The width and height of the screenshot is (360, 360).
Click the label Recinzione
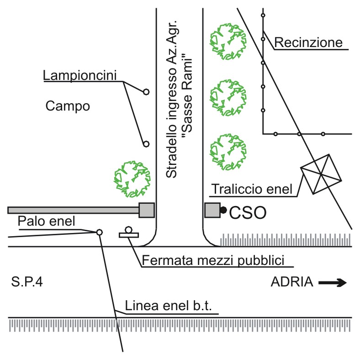(x=308, y=42)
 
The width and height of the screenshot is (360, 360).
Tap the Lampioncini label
(x=80, y=75)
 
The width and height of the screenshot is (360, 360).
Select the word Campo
(x=68, y=106)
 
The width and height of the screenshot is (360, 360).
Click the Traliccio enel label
(x=252, y=189)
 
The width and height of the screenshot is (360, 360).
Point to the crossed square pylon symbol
(x=321, y=174)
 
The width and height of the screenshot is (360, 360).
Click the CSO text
(x=248, y=213)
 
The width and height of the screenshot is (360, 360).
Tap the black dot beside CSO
(x=223, y=210)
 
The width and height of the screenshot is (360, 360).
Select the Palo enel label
(x=47, y=221)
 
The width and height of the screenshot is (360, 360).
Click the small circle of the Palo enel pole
(x=99, y=233)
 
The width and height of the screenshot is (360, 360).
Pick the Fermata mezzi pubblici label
(x=213, y=260)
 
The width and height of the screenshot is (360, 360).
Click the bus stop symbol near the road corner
(x=129, y=233)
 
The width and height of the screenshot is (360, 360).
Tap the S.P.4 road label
(x=27, y=282)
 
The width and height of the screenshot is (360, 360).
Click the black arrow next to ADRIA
(x=333, y=283)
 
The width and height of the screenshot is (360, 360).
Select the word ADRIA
(x=292, y=282)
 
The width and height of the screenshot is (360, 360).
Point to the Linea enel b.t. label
(x=168, y=306)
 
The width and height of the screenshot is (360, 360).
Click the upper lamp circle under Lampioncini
(x=146, y=92)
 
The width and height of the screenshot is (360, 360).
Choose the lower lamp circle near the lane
(x=146, y=144)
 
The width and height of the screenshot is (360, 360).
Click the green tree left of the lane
(x=132, y=179)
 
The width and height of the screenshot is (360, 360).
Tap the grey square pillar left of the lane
(x=147, y=210)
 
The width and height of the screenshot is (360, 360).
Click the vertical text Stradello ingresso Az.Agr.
(x=172, y=99)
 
